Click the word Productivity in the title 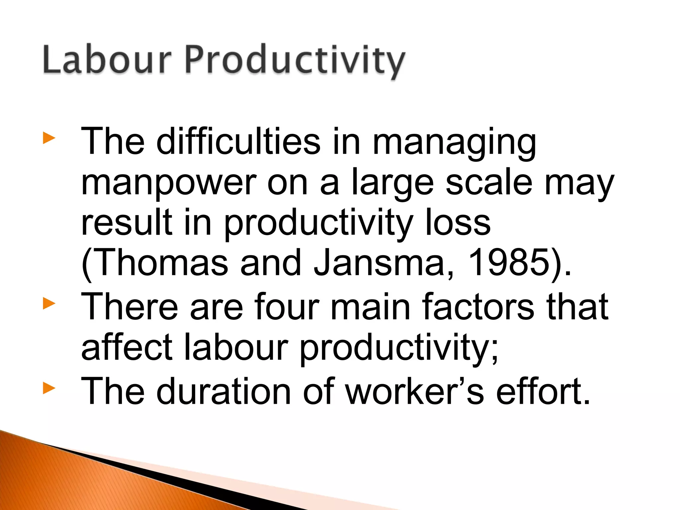click(294, 61)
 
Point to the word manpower click(169, 184)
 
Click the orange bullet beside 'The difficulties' click(49, 138)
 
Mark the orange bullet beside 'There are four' click(49, 303)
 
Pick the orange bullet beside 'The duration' click(49, 388)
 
